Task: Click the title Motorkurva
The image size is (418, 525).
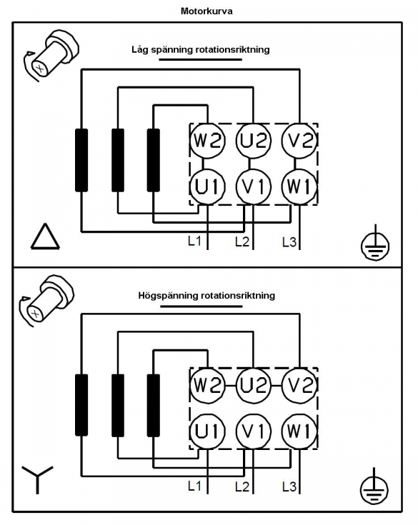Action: pos(206,11)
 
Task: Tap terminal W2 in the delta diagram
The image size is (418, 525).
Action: pos(208,140)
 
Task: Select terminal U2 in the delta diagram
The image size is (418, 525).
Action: pos(253,140)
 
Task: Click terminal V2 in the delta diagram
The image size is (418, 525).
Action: pos(299,140)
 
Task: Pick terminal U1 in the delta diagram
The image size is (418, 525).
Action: pos(208,186)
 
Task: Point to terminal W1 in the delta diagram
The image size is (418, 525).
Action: pos(299,186)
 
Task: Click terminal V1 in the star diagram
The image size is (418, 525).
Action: pos(253,431)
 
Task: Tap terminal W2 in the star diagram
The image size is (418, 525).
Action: pos(208,385)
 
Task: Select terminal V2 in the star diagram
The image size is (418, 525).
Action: pos(299,385)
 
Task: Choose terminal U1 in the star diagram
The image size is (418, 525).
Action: pos(208,431)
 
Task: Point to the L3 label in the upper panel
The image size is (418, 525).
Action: pos(289,241)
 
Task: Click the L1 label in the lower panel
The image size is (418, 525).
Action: pos(194,486)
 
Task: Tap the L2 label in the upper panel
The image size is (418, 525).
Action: pos(242,241)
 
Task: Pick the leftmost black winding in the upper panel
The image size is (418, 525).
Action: pos(81,160)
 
